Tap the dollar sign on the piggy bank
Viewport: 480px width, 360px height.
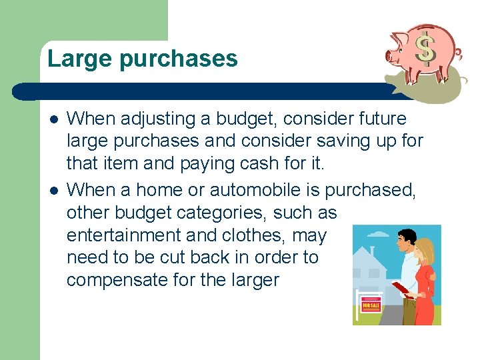(425, 48)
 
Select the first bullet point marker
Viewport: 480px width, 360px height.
(51, 119)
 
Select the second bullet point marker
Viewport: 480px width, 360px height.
(51, 190)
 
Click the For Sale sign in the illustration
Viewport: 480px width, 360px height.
(371, 305)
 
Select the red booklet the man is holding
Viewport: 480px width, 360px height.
(401, 289)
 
